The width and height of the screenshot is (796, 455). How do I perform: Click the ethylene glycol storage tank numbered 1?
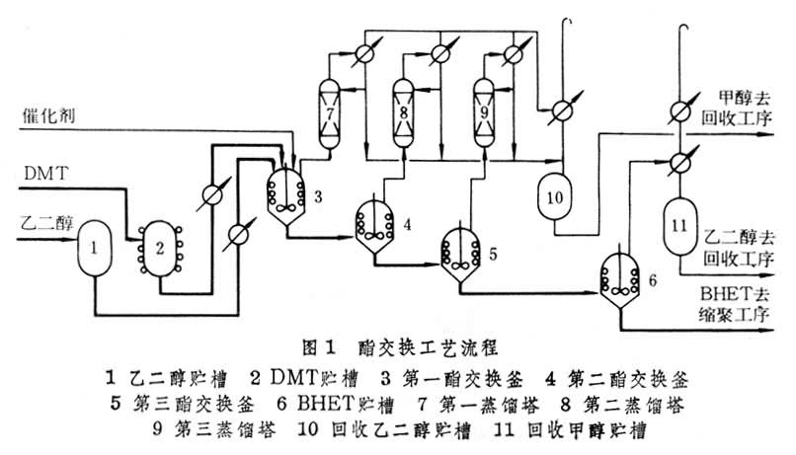click(x=93, y=245)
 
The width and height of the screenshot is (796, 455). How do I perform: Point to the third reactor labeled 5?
click(x=461, y=249)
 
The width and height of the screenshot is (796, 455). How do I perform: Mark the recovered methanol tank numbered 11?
click(x=677, y=223)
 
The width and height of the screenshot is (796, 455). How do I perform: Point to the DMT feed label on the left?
click(x=41, y=175)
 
